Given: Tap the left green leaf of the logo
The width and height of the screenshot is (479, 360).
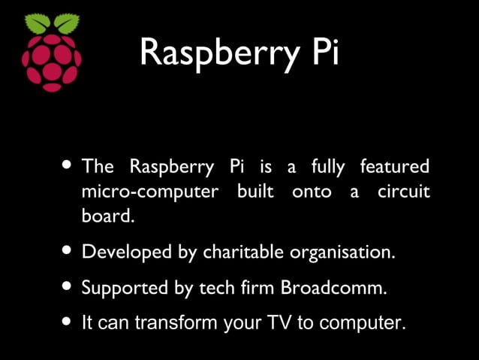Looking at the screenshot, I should click(x=38, y=24).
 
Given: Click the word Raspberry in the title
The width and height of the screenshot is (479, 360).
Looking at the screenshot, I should click(x=215, y=52).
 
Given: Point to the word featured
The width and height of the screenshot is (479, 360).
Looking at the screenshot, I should click(x=395, y=166).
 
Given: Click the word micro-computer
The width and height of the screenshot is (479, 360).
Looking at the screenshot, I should click(x=149, y=192).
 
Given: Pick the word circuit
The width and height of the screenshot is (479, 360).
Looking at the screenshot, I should click(x=404, y=192).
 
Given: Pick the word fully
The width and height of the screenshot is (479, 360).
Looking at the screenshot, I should click(x=327, y=166).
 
